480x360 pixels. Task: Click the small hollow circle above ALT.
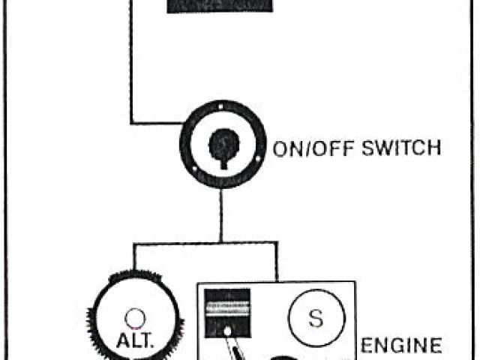[134, 316]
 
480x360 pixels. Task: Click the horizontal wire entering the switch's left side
[155, 122]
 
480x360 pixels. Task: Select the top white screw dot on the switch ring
[218, 110]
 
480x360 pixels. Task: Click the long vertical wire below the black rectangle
[131, 67]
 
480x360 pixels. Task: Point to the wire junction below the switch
[220, 241]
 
